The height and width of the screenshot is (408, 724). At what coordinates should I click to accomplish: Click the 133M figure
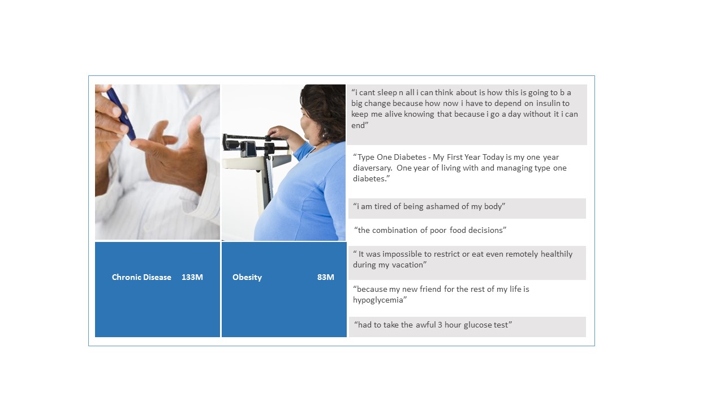[192, 277]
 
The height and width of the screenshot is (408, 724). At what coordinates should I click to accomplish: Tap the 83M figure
[325, 277]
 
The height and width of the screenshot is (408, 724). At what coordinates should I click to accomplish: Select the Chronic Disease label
[141, 277]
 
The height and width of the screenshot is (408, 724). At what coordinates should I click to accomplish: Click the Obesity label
[247, 278]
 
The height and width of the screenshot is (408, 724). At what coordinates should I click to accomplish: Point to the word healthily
[557, 254]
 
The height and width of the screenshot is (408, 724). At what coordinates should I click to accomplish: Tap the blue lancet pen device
[121, 113]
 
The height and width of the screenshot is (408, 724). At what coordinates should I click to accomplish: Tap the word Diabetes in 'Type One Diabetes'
[410, 157]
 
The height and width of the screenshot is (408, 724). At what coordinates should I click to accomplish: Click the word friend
[430, 289]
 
